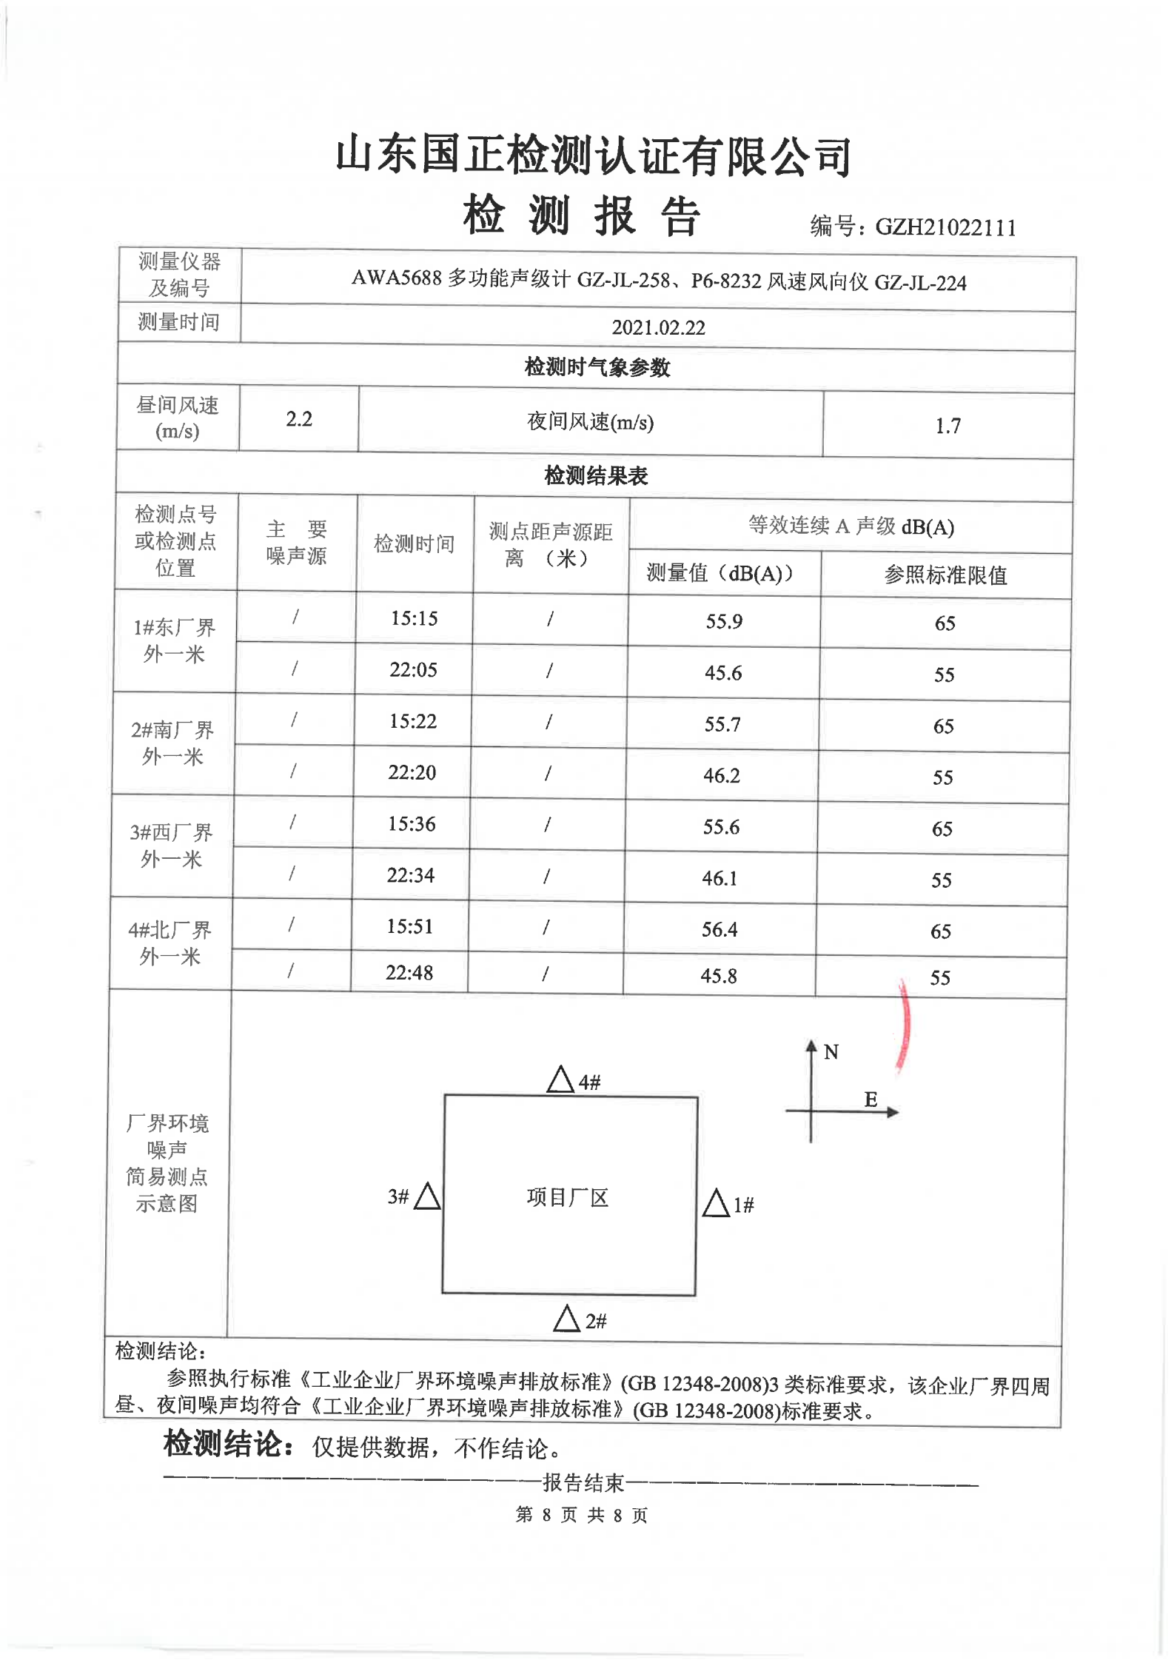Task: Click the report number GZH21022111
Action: tap(945, 227)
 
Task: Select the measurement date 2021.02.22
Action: tap(658, 327)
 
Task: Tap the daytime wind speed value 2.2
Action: tap(299, 419)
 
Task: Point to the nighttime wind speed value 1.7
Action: tap(947, 426)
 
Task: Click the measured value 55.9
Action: tap(723, 621)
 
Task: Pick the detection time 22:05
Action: tap(413, 670)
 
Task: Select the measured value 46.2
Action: tap(721, 775)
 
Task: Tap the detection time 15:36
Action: tap(412, 824)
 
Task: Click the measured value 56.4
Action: tap(719, 929)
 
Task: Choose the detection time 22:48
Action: tap(409, 973)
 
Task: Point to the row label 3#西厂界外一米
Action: tap(171, 846)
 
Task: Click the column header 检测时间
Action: tap(414, 544)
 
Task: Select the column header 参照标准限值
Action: tap(945, 575)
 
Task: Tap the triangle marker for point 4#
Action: tap(560, 1080)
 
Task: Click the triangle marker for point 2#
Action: tap(566, 1319)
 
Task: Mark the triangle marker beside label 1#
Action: tap(716, 1203)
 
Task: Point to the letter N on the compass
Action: tap(831, 1052)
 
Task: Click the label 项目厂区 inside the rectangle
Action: tap(567, 1197)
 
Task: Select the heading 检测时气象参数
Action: tap(597, 367)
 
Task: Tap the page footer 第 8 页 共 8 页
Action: tap(581, 1515)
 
